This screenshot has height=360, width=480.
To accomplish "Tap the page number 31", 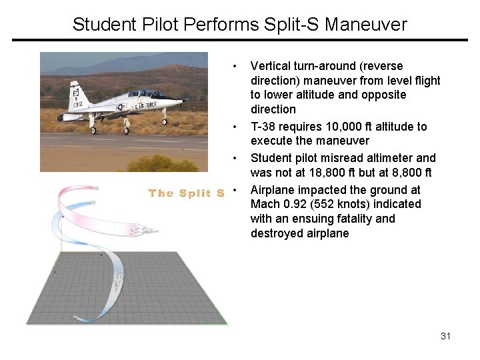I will pyautogui.click(x=445, y=336).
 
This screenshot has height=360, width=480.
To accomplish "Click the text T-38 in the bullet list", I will pyautogui.click(x=264, y=127).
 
